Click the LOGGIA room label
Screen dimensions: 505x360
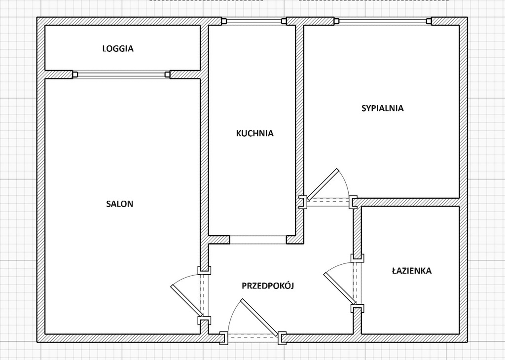tap(118, 49)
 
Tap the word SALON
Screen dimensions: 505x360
tap(119, 204)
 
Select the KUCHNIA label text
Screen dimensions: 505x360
tap(255, 133)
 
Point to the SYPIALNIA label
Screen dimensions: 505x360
tap(383, 108)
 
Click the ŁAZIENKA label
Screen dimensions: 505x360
tap(412, 270)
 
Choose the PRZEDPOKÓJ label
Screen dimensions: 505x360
tap(268, 286)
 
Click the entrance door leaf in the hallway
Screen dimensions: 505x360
tap(259, 317)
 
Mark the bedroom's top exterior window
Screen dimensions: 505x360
tap(383, 21)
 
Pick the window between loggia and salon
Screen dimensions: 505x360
tap(121, 74)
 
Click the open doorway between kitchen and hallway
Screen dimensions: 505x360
tap(258, 240)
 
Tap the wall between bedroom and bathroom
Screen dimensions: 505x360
tap(408, 202)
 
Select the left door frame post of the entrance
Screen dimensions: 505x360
tap(223, 338)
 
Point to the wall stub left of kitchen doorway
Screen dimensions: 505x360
tap(219, 240)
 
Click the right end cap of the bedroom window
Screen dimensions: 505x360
tap(429, 21)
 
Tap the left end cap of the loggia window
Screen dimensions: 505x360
tap(75, 74)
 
